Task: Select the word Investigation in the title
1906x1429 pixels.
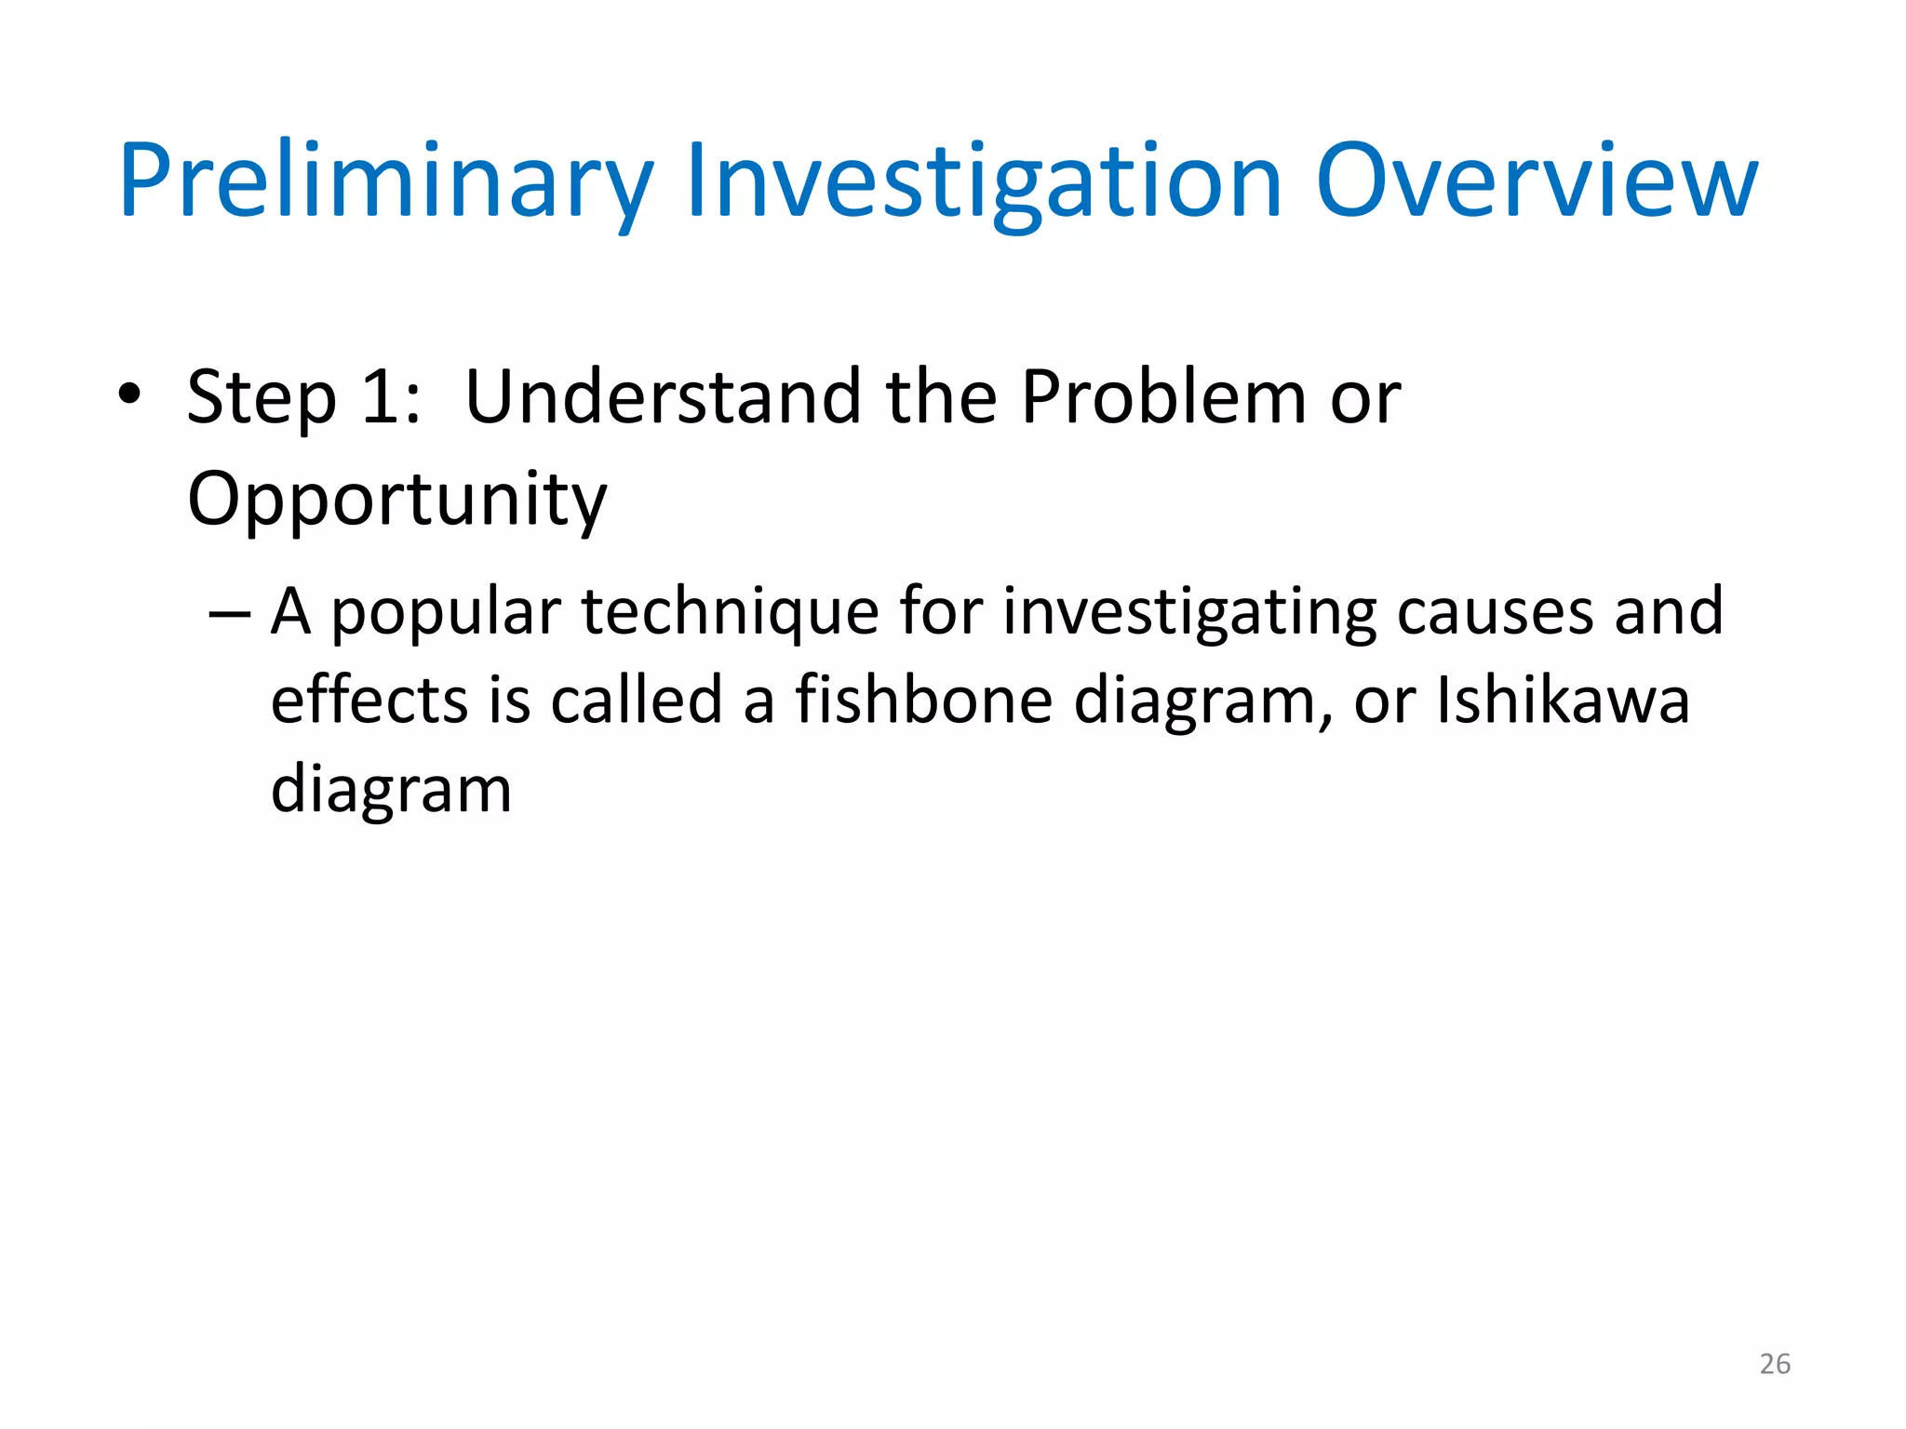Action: [985, 181]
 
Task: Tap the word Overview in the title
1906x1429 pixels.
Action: [1537, 181]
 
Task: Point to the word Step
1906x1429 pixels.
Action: [262, 398]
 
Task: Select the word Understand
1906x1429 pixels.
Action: [663, 398]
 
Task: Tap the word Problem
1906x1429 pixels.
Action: [1163, 398]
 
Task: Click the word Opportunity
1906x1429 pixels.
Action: [396, 501]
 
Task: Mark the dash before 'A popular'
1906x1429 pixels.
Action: [230, 615]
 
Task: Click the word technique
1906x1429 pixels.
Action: [730, 615]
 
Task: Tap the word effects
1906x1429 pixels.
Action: [369, 701]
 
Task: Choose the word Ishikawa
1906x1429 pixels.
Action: [1563, 701]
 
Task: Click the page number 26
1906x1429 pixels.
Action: [1775, 1364]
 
